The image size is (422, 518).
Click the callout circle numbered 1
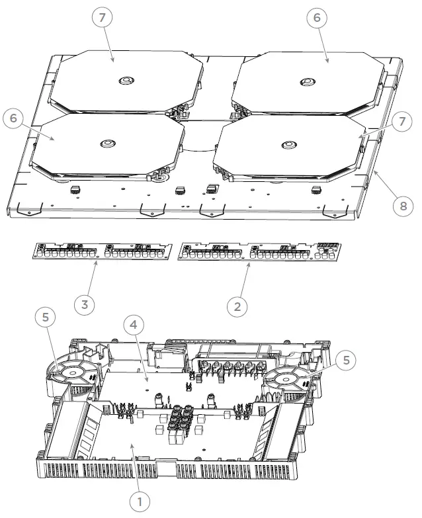pyautogui.click(x=140, y=501)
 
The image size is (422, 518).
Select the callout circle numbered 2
pyautogui.click(x=237, y=306)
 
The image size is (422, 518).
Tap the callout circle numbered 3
pyautogui.click(x=84, y=305)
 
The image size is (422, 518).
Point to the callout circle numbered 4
pyautogui.click(x=134, y=325)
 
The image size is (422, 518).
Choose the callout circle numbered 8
pyautogui.click(x=402, y=206)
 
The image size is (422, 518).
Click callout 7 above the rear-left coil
pyautogui.click(x=103, y=18)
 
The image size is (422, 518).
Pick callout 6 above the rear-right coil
pyautogui.click(x=317, y=18)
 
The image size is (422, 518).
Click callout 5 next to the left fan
pyautogui.click(x=45, y=318)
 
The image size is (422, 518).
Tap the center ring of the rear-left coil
pyautogui.click(x=125, y=81)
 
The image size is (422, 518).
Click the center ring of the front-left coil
pyautogui.click(x=106, y=144)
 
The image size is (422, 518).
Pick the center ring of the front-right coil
pyautogui.click(x=287, y=144)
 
